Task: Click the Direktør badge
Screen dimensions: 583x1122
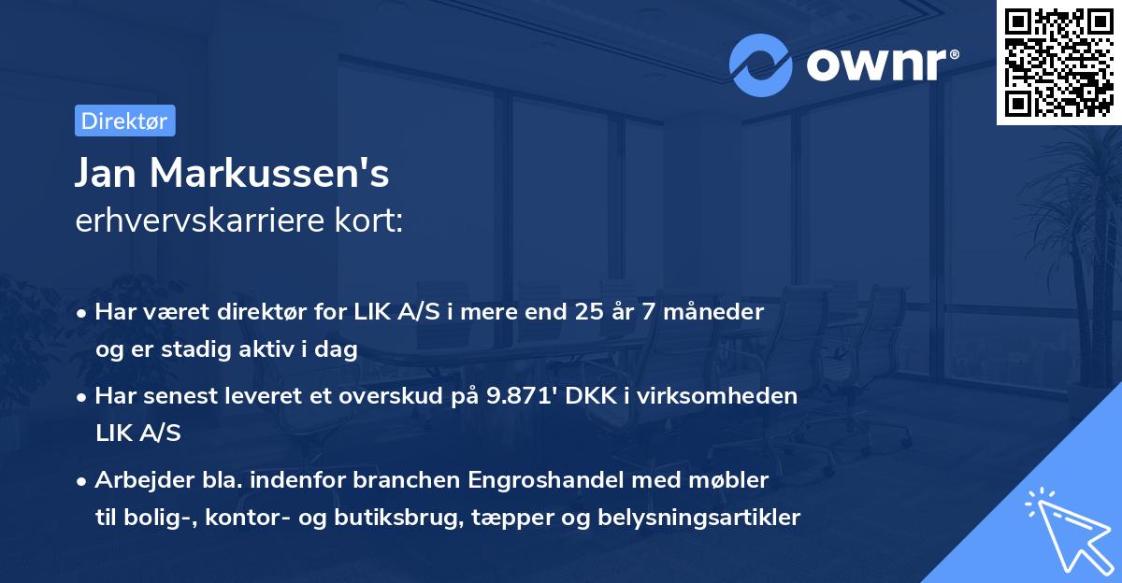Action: pos(124,121)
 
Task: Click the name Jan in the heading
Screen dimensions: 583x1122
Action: pos(110,173)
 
